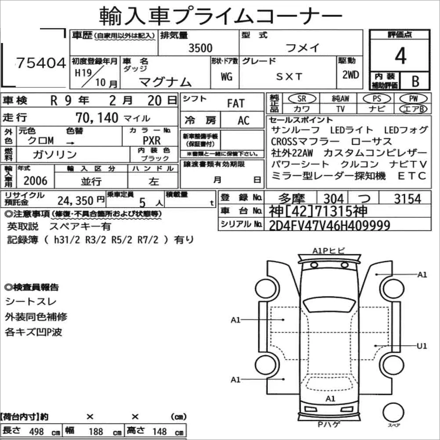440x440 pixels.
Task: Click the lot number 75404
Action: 41,63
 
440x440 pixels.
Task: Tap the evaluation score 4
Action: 400,55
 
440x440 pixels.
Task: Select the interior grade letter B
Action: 415,81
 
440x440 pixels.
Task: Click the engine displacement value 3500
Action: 200,48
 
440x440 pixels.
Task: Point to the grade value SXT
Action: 289,76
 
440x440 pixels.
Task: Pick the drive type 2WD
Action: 350,75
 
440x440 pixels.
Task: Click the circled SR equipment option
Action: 302,98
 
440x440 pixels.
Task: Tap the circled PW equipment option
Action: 413,98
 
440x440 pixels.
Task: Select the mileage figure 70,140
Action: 97,118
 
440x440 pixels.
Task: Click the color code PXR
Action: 151,141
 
